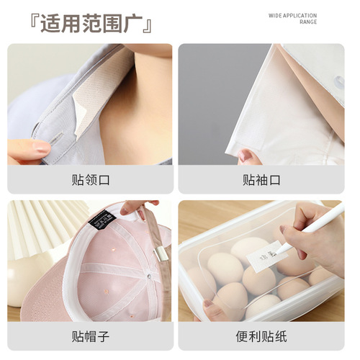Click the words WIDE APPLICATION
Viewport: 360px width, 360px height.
click(x=292, y=14)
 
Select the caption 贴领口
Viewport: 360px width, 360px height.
click(x=90, y=179)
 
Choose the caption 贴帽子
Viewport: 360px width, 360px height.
click(x=90, y=336)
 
